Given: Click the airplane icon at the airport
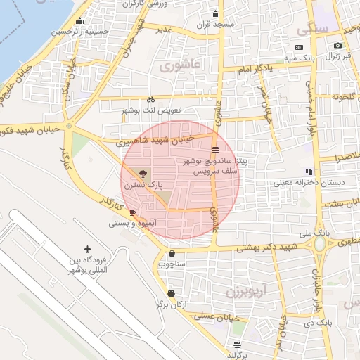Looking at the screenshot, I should [88, 250].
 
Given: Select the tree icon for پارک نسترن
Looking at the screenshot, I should [143, 173].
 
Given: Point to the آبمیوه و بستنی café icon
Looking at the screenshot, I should [132, 212].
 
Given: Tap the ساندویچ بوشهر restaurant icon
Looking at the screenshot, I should [215, 149].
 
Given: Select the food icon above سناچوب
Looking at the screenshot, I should [172, 254].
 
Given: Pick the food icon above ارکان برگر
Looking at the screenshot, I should [171, 293].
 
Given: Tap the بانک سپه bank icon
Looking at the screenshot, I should [300, 46].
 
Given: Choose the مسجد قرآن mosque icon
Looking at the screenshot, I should [215, 13].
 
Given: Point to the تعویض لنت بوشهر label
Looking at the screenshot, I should [151, 111].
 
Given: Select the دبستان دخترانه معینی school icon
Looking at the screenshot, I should [308, 172].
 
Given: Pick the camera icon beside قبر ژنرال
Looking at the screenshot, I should [338, 46].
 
